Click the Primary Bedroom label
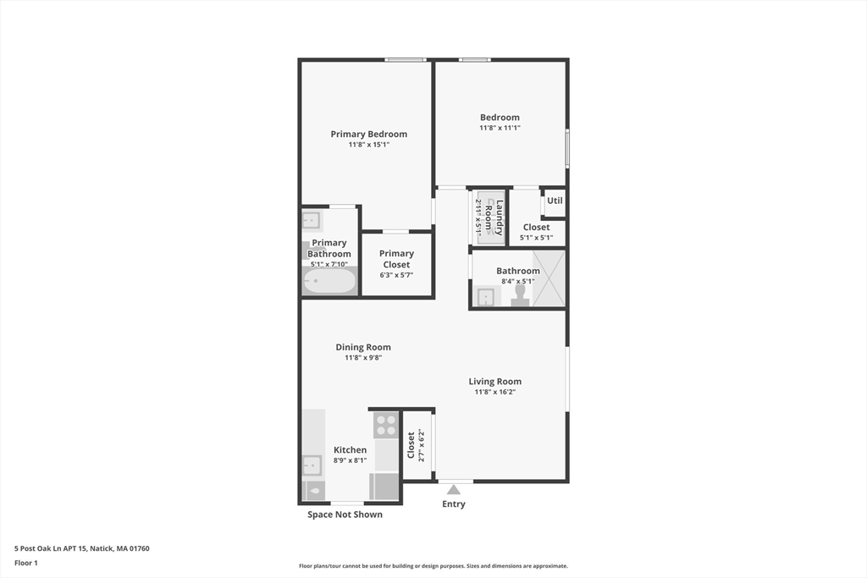pyautogui.click(x=368, y=134)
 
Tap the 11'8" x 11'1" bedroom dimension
pyautogui.click(x=500, y=128)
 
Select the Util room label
pyautogui.click(x=555, y=201)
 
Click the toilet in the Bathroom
pyautogui.click(x=521, y=295)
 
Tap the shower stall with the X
pyautogui.click(x=549, y=278)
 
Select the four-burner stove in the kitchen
pyautogui.click(x=386, y=424)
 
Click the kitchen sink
pyautogui.click(x=312, y=465)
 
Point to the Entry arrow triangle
pyautogui.click(x=454, y=489)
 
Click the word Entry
pyautogui.click(x=454, y=504)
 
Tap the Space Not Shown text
pyautogui.click(x=345, y=515)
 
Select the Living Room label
pyautogui.click(x=495, y=382)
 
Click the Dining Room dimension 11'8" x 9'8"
pyautogui.click(x=363, y=358)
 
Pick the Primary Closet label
pyautogui.click(x=396, y=259)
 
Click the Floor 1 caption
pyautogui.click(x=26, y=563)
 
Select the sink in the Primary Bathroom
pyautogui.click(x=312, y=221)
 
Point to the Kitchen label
pyautogui.click(x=350, y=450)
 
